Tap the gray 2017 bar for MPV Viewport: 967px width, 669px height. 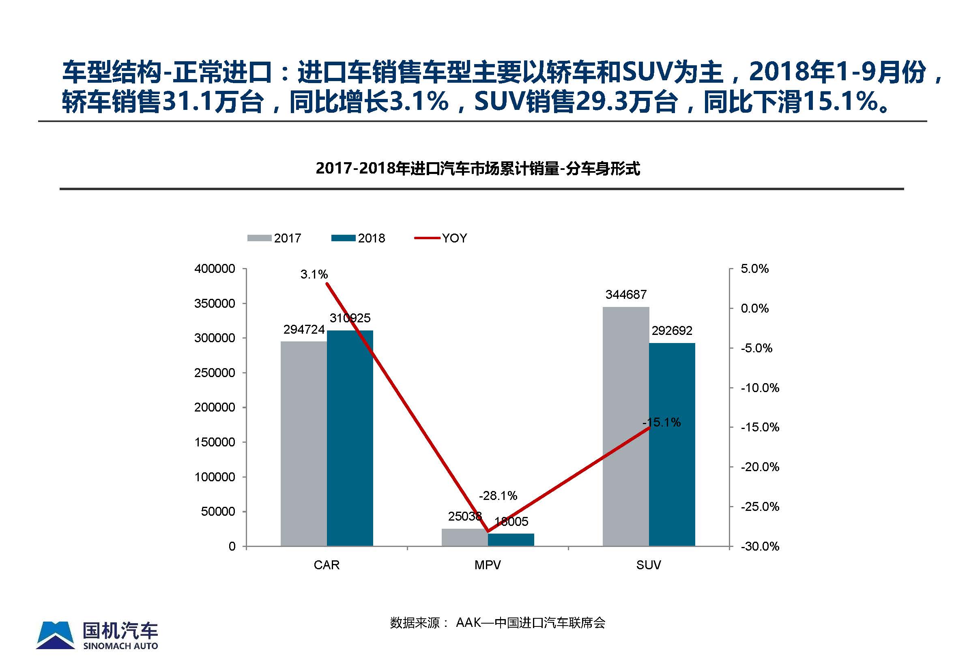464,537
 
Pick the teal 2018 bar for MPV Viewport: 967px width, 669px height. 511,540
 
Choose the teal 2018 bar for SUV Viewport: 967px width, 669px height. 672,444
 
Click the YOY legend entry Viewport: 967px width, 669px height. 441,238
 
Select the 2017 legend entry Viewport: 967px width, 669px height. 274,238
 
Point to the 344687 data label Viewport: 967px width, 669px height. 625,295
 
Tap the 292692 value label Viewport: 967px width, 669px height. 672,331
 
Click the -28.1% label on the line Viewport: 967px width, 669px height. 498,496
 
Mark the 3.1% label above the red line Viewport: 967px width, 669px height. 314,274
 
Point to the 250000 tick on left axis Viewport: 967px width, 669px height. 214,373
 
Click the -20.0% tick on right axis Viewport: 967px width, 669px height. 759,467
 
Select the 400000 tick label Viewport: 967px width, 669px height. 214,269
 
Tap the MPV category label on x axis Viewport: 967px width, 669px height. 487,565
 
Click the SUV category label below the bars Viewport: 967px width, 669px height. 648,565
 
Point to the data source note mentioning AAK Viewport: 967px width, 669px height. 497,623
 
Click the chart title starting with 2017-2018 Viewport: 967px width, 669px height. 478,169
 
